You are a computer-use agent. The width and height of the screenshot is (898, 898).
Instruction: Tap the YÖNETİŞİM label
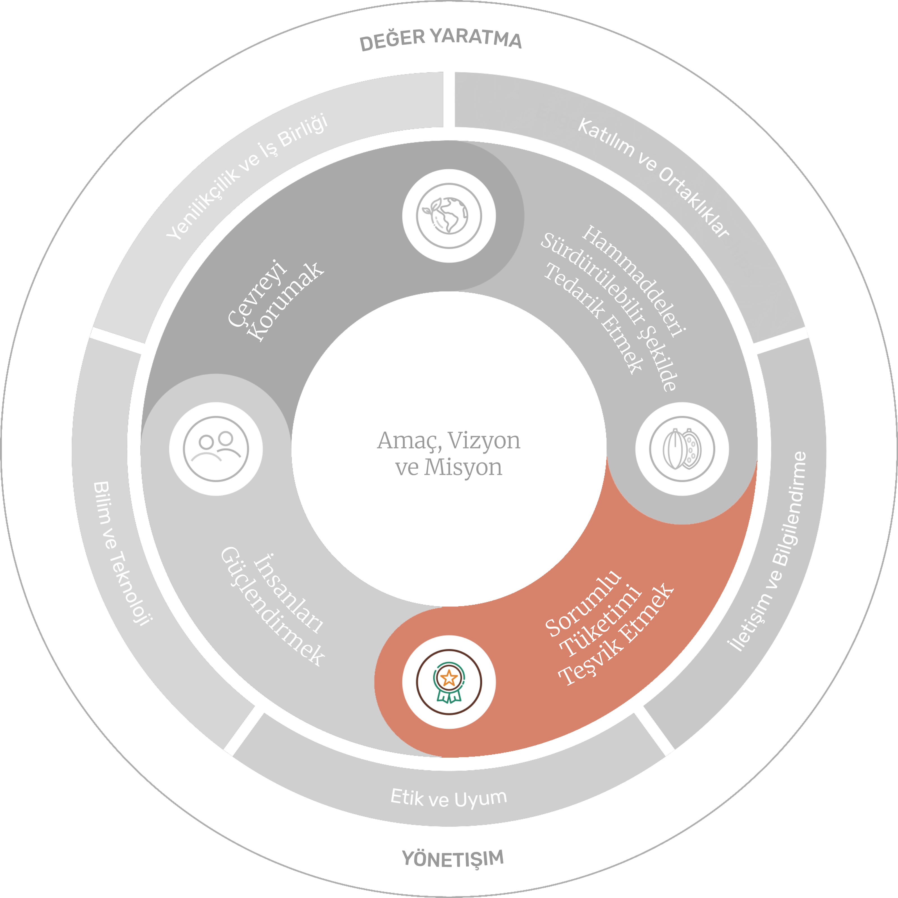click(453, 858)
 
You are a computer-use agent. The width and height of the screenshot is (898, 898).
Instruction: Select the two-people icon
click(216, 449)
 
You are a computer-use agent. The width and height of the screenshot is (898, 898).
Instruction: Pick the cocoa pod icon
click(682, 449)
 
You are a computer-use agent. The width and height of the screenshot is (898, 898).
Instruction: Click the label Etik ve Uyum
click(448, 798)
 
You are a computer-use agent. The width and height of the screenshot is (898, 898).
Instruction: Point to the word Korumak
click(286, 302)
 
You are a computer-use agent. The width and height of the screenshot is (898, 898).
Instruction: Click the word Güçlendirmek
click(272, 606)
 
